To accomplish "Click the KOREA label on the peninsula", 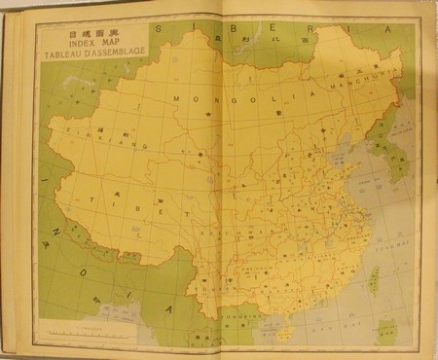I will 392,146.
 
